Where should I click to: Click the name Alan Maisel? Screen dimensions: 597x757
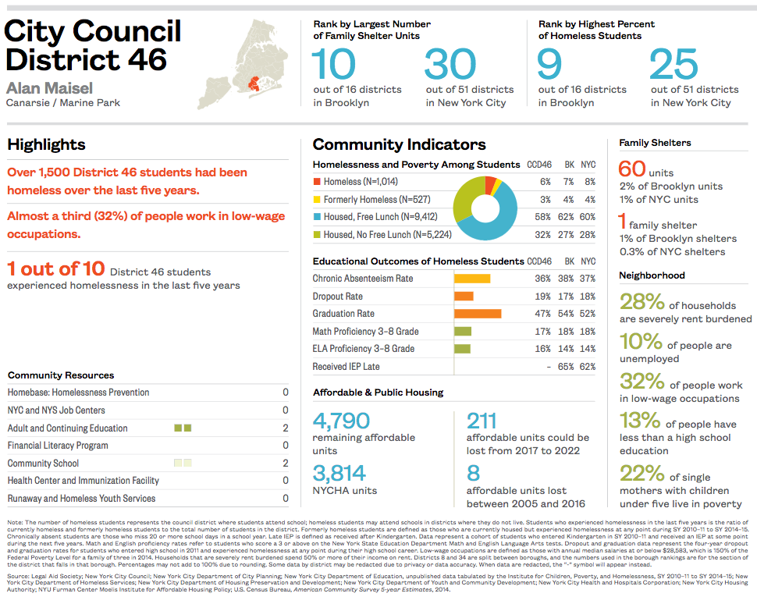49,87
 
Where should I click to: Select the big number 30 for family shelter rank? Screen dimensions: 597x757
450,64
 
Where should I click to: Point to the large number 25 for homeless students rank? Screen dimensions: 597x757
673,64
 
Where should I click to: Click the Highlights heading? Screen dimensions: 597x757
46,144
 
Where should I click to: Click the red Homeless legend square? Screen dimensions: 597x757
317,182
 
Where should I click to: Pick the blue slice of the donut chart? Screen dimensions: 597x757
499,219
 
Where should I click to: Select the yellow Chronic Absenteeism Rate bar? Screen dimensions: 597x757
472,279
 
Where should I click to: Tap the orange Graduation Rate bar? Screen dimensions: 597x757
478,314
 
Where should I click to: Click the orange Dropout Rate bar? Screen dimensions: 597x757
464,297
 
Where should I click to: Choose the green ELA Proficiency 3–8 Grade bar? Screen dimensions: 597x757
462,349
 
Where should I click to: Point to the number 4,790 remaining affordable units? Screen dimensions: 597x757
341,421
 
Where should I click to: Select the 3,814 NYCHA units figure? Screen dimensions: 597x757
339,473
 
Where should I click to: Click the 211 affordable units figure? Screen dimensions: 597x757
481,421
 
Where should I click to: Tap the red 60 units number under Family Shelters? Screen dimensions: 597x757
632,169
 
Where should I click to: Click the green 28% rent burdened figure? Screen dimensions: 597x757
641,302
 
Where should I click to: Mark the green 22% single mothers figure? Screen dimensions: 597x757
641,473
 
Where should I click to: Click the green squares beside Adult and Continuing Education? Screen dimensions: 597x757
183,428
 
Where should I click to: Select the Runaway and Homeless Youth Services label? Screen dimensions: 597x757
81,499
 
